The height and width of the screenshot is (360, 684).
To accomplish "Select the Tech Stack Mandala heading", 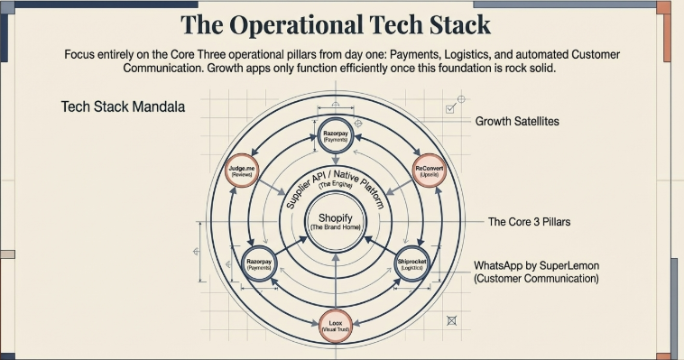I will (123, 106).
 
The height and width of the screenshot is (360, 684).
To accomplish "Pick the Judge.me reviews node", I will (238, 171).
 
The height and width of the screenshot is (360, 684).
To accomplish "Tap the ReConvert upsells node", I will (430, 171).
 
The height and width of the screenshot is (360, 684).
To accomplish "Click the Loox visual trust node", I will (334, 327).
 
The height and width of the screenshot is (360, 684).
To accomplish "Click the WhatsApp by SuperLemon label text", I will (537, 266).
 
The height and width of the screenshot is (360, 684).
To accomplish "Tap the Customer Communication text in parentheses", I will (537, 280).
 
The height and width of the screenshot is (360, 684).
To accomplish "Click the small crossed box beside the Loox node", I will (451, 319).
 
